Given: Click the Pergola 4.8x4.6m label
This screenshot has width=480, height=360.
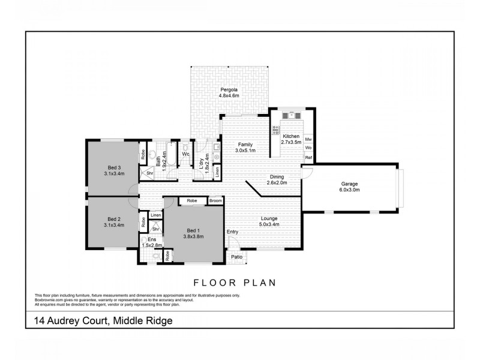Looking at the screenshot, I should click(x=229, y=92).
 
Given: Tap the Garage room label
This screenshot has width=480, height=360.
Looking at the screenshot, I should click(x=350, y=186).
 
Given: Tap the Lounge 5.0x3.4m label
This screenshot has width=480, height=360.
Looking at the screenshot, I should click(x=269, y=221).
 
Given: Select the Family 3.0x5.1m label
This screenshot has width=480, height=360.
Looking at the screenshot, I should click(x=244, y=148).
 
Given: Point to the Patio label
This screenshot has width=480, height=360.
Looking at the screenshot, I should click(x=237, y=257).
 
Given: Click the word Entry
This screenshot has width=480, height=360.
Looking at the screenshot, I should click(x=232, y=232).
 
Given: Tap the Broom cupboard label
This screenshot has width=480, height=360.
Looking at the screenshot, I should click(x=215, y=200).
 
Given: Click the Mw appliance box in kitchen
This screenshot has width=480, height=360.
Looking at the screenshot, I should click(x=308, y=139).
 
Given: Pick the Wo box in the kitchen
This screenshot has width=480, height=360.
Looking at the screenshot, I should click(x=308, y=148).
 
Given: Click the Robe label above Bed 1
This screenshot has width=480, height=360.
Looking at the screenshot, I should click(x=192, y=200).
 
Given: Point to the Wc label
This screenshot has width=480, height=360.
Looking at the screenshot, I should click(x=186, y=154).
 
